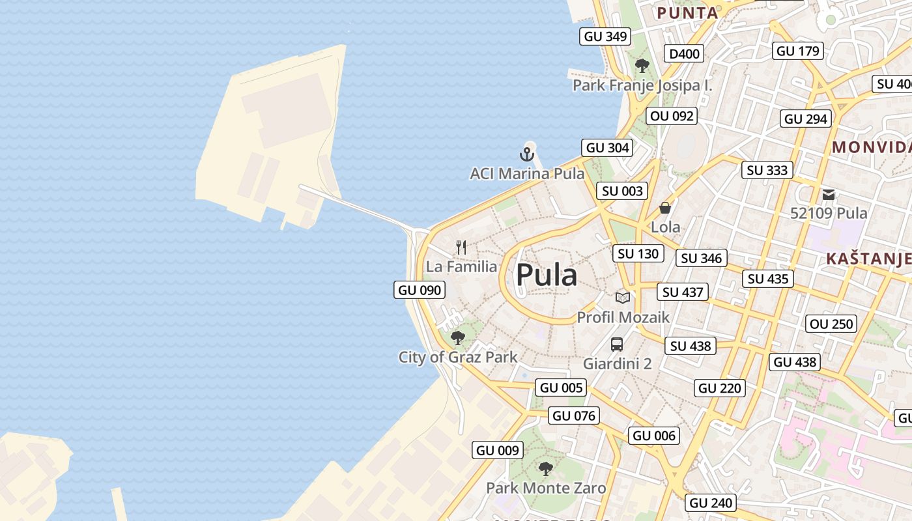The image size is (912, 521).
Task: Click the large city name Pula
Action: click(x=546, y=275)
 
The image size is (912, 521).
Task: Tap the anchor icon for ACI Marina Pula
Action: click(x=526, y=154)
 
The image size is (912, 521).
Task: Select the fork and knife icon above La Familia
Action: click(x=461, y=247)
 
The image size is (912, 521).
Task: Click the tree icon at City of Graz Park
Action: click(x=457, y=337)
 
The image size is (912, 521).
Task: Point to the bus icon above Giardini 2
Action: click(x=616, y=345)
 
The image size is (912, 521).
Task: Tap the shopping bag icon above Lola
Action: click(x=665, y=208)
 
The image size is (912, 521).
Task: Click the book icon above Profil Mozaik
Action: click(x=623, y=298)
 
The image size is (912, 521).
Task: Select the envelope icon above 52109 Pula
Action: click(x=829, y=194)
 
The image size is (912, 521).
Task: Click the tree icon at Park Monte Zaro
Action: click(x=546, y=468)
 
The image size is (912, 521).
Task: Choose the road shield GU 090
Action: click(x=420, y=290)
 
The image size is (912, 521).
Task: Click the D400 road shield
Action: click(x=684, y=53)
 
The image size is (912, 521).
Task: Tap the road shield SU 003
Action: click(x=622, y=191)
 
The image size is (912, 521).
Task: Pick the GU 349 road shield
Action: click(x=606, y=36)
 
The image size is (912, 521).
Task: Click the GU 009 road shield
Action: click(x=498, y=450)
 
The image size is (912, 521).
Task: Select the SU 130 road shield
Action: click(x=638, y=253)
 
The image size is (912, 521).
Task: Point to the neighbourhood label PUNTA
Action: click(x=687, y=12)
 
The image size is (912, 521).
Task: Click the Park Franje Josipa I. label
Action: click(x=642, y=85)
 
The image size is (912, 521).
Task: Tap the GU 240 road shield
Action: click(x=711, y=503)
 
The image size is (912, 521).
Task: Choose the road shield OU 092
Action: click(x=672, y=117)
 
